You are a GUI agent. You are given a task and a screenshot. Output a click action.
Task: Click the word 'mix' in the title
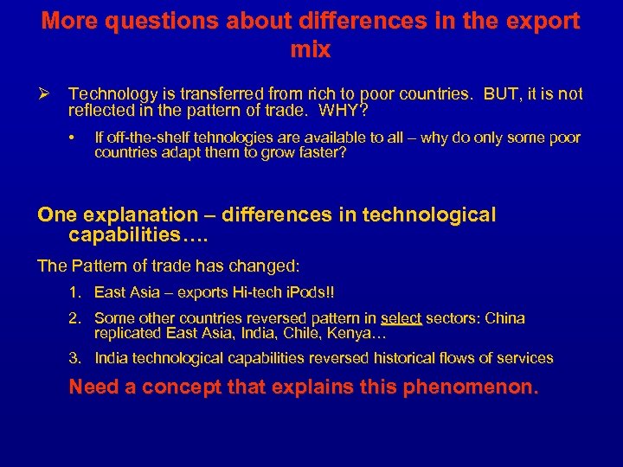(x=311, y=50)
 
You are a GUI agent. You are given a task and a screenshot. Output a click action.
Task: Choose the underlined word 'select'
(x=401, y=318)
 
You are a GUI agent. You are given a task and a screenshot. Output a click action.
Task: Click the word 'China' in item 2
(x=504, y=318)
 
